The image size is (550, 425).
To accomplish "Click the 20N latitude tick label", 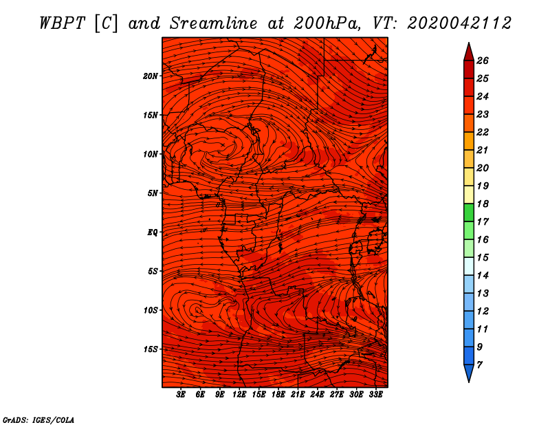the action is [150, 76].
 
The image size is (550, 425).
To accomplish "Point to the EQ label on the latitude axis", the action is [152, 232].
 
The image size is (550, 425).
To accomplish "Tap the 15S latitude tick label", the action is [150, 349].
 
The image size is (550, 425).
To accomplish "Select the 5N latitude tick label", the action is [152, 193].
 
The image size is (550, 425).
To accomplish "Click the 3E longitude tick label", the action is [181, 395].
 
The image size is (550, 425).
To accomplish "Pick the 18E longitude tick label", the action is [278, 395].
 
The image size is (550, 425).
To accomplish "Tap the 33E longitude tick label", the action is [375, 395].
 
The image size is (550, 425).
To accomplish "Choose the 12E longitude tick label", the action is [239, 395].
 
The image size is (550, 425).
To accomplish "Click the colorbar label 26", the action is [483, 61].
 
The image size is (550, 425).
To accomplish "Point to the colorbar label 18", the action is [483, 204].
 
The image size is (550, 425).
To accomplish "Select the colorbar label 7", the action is [479, 365].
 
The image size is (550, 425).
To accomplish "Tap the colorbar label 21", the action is [483, 150].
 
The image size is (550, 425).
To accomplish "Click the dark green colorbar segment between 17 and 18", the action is [469, 212].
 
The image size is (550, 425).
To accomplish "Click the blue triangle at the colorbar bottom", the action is [469, 372].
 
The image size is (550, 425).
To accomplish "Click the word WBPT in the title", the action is [62, 23].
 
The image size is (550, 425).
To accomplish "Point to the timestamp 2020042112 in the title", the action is [459, 23].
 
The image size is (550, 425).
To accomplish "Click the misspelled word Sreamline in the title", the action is [214, 23].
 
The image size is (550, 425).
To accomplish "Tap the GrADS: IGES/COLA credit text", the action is [38, 420].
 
